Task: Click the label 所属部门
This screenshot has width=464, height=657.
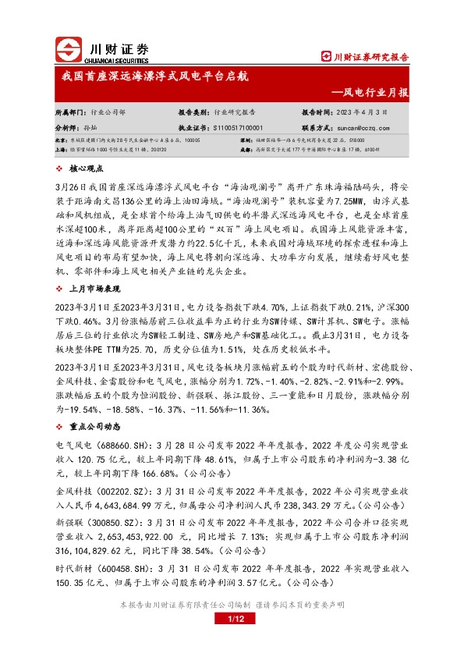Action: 71,112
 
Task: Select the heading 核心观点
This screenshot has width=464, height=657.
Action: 86,168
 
